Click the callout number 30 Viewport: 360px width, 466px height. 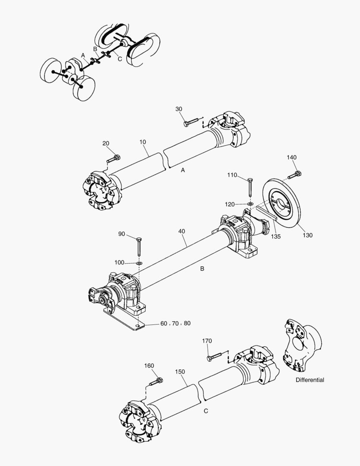tap(179, 109)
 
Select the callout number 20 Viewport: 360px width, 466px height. tap(106, 144)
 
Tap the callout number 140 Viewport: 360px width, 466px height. tap(292, 158)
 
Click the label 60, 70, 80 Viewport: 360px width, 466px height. tap(175, 323)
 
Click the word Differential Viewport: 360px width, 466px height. tap(310, 380)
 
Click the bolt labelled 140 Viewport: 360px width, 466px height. tap(294, 175)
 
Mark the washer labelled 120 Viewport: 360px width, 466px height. tap(250, 203)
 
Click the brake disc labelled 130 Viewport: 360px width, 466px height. tap(282, 203)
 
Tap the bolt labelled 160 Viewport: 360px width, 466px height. tap(156, 381)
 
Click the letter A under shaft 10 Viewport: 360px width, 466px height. tap(183, 170)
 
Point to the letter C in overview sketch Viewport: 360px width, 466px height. tap(119, 59)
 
